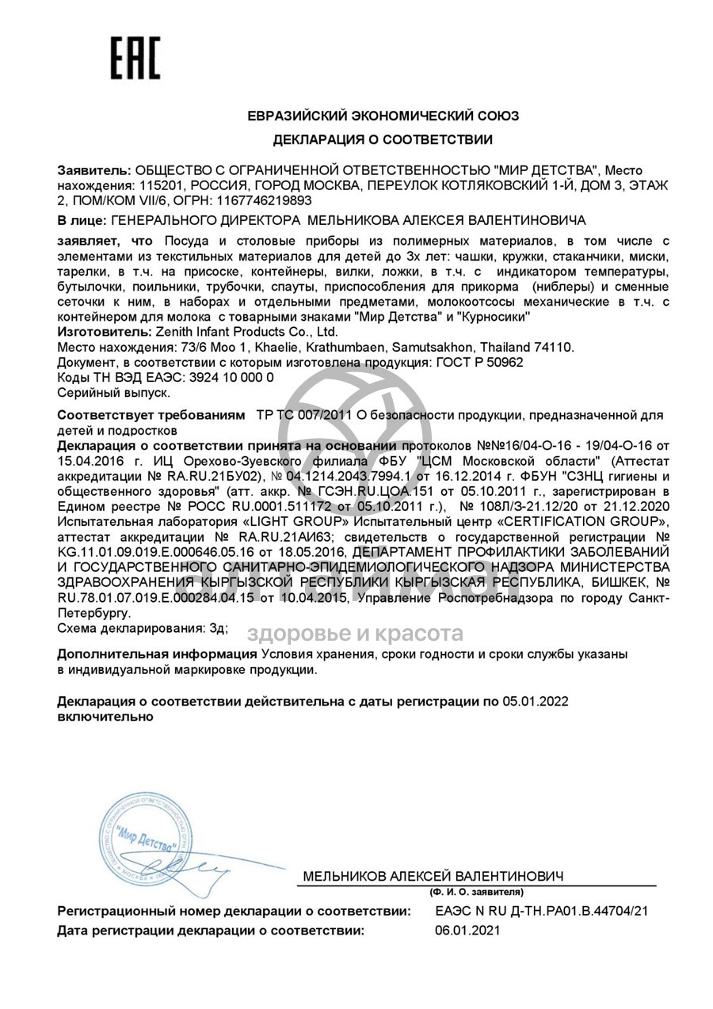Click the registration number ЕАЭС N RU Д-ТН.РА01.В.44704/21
coord(542,912)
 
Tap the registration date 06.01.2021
coord(467,931)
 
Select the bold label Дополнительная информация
coord(158,654)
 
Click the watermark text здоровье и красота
coord(355,633)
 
